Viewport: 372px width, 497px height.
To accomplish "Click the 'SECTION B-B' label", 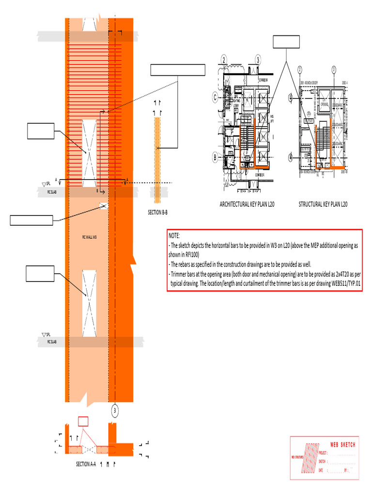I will pyautogui.click(x=158, y=213).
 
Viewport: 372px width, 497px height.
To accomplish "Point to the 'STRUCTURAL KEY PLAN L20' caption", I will pyautogui.click(x=323, y=204).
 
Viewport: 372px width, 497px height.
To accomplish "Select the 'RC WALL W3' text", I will pyautogui.click(x=90, y=237).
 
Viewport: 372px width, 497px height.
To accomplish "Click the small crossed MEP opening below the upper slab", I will pyautogui.click(x=103, y=206).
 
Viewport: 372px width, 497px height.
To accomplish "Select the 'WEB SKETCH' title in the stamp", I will pyautogui.click(x=342, y=445).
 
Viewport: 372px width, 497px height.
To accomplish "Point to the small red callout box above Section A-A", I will pyautogui.click(x=83, y=420).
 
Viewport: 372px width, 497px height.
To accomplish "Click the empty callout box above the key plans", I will pyautogui.click(x=286, y=42).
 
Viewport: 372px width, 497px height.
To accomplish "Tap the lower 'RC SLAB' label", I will pyautogui.click(x=52, y=342).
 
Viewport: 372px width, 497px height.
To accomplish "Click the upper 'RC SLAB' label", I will pyautogui.click(x=52, y=191).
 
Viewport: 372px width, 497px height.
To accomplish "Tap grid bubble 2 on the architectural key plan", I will pyautogui.click(x=224, y=59).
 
